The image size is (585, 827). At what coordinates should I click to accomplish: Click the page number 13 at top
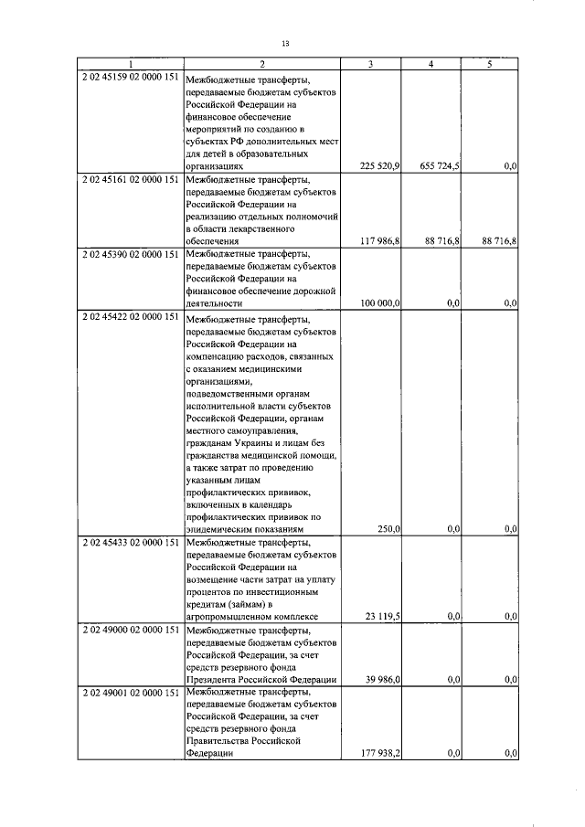tap(285, 43)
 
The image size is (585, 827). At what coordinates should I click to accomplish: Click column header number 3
tap(370, 64)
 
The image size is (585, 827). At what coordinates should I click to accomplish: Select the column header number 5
tap(491, 64)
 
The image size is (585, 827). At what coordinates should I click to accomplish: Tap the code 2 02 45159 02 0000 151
tap(130, 77)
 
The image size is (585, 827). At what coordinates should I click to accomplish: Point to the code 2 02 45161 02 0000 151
tap(130, 179)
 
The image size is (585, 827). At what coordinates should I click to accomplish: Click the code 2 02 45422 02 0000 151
tap(130, 316)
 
